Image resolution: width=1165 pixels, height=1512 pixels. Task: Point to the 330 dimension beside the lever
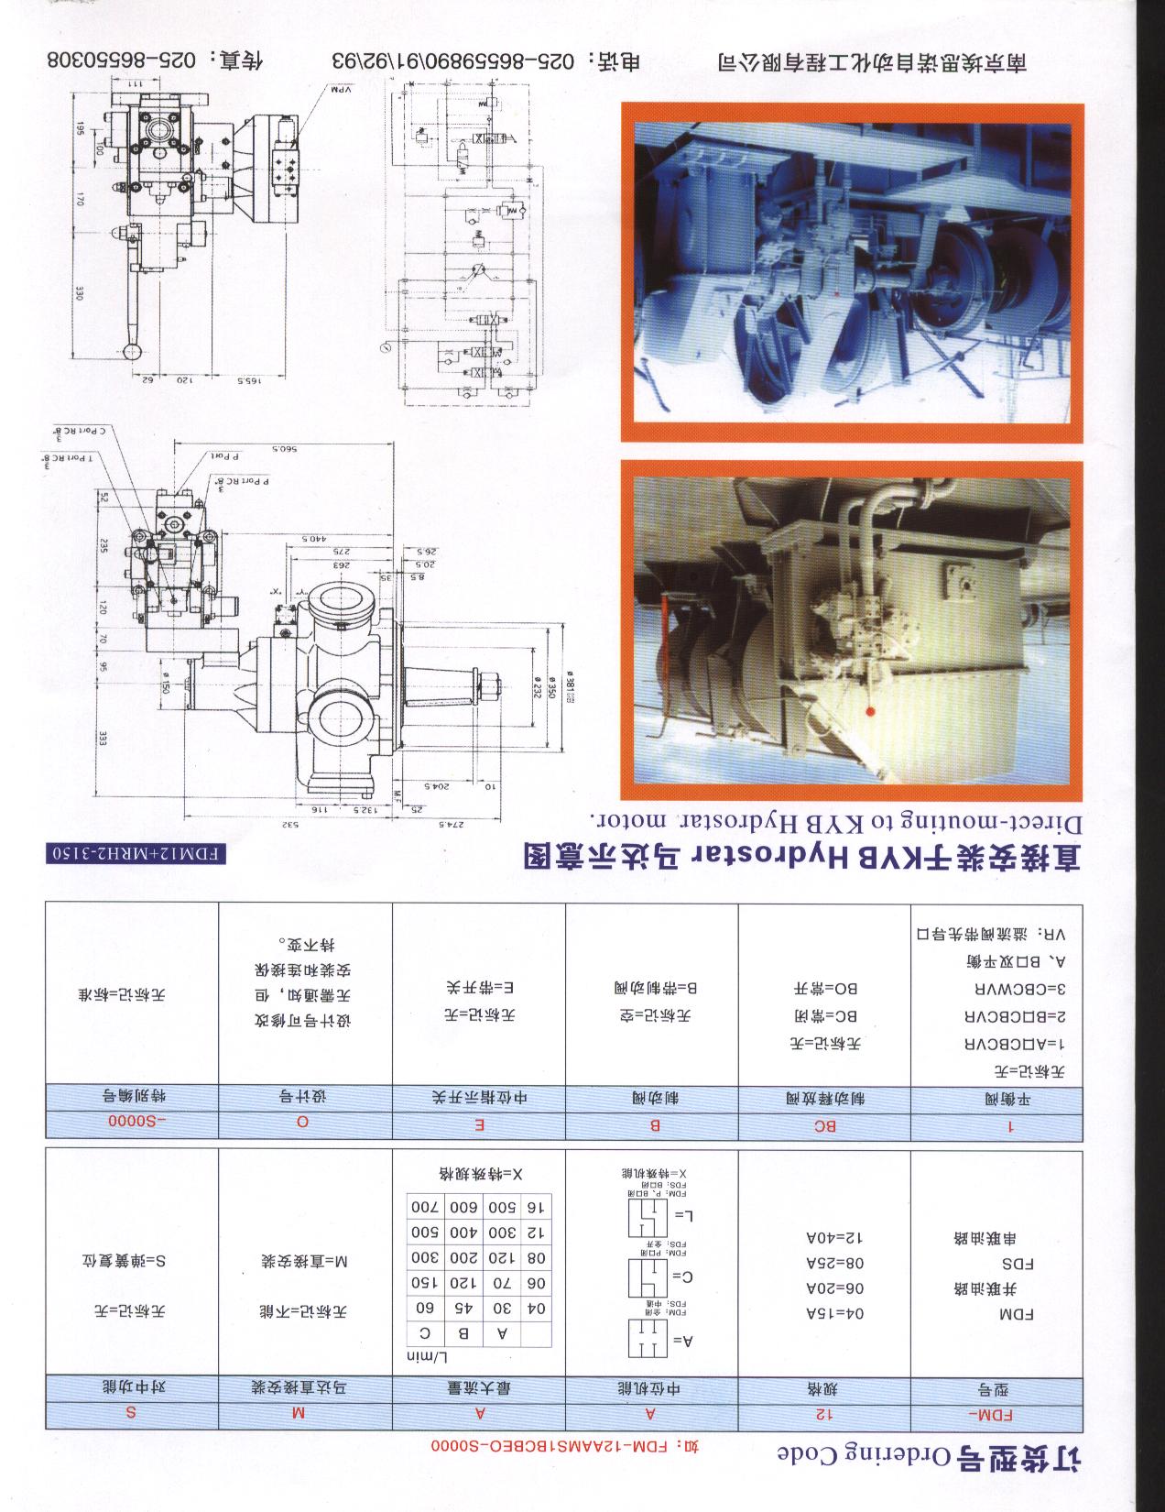[x=80, y=293]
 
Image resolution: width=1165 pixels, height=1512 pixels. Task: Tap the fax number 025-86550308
[x=119, y=60]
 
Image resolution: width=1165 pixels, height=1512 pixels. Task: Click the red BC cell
[x=824, y=1126]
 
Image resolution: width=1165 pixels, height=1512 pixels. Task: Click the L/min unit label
[x=427, y=1357]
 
